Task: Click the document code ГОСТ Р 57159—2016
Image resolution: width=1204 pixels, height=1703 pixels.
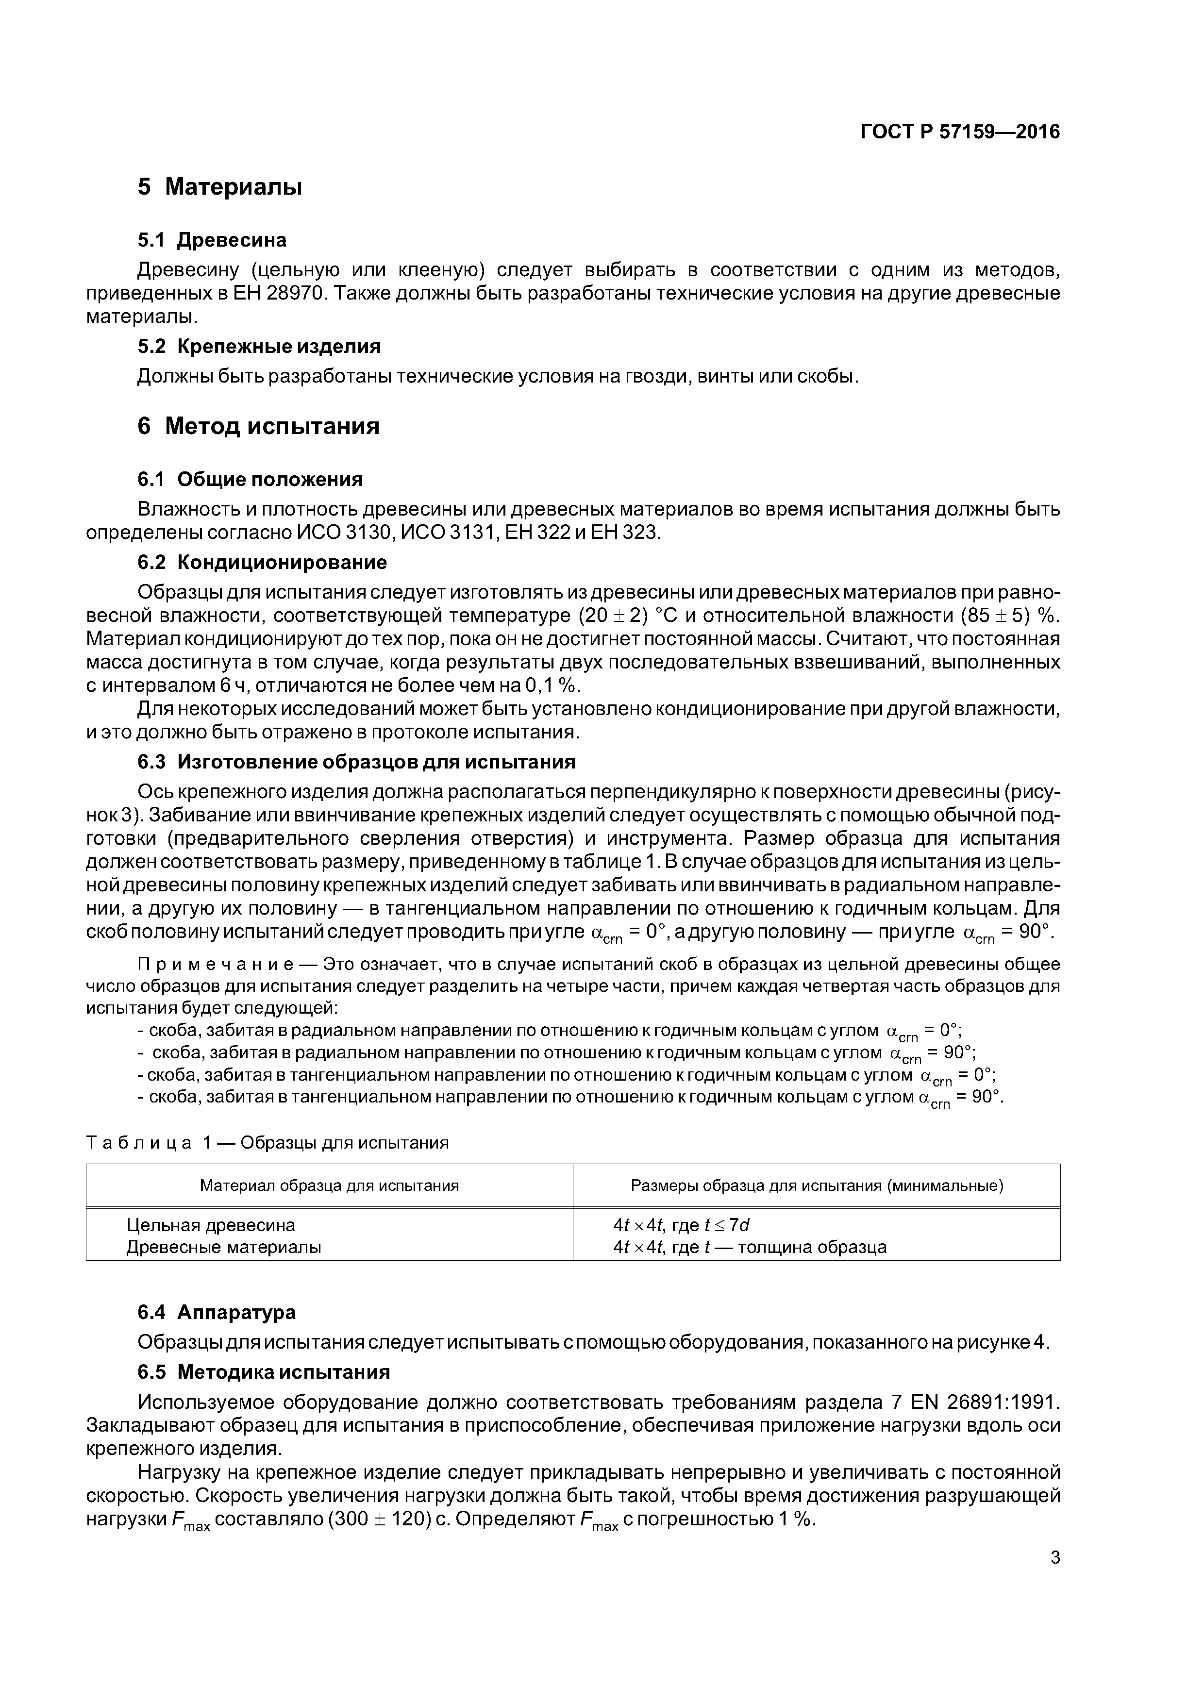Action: [x=960, y=132]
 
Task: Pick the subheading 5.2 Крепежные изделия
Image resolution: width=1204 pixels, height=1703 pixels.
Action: [x=259, y=347]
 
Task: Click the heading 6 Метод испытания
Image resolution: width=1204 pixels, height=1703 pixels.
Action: [x=258, y=427]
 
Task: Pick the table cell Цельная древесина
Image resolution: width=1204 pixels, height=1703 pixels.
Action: [x=211, y=1225]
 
